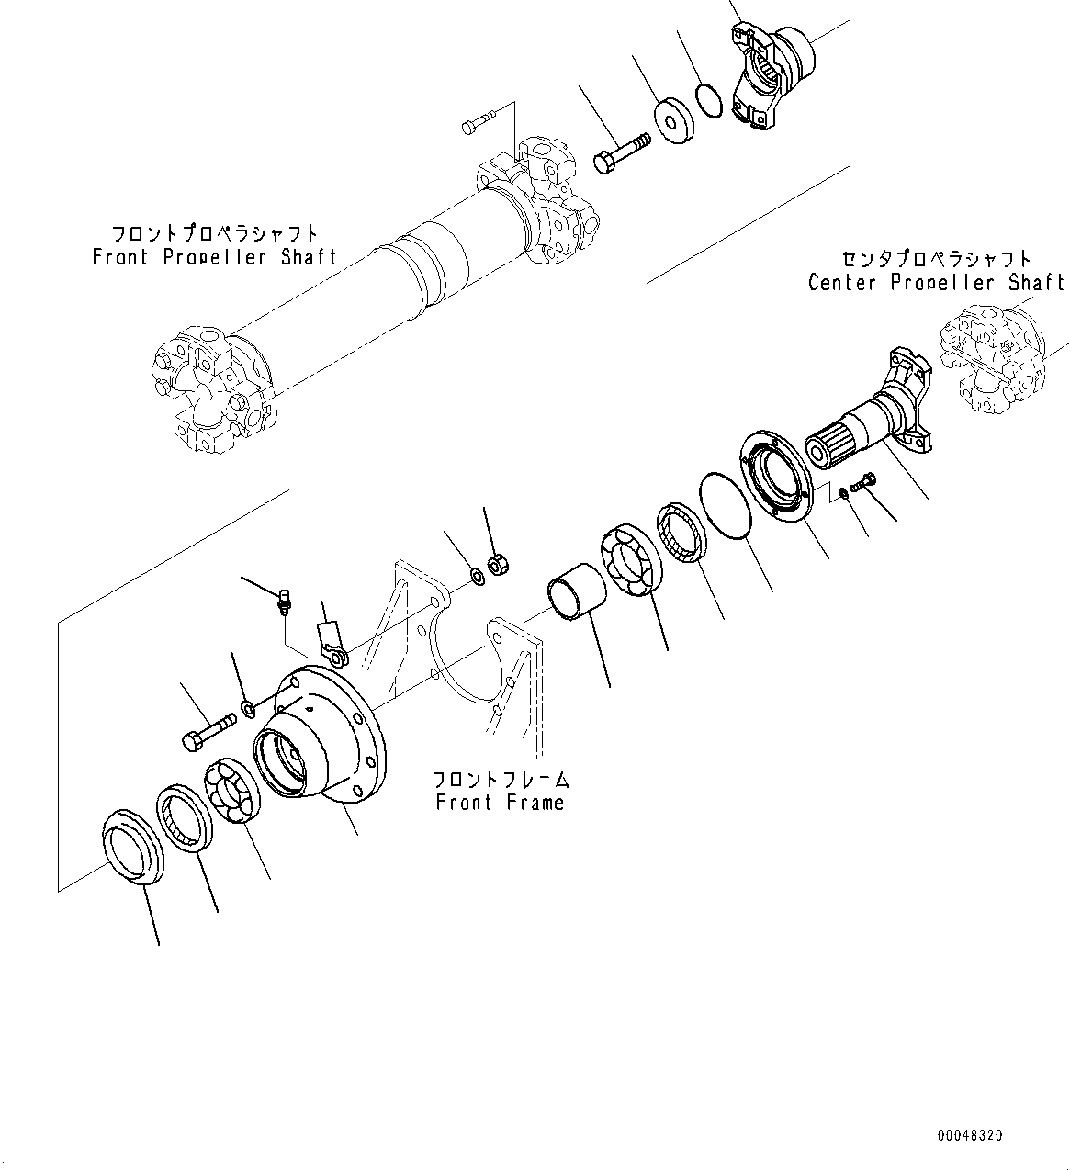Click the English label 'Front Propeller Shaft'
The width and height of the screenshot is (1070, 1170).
215,257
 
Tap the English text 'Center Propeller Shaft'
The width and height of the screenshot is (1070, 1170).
936,282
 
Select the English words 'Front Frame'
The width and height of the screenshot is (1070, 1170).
500,803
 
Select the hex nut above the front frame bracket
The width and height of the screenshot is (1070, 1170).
497,563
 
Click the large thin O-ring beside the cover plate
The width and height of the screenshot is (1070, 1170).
726,506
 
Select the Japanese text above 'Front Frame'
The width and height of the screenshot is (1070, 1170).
500,779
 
